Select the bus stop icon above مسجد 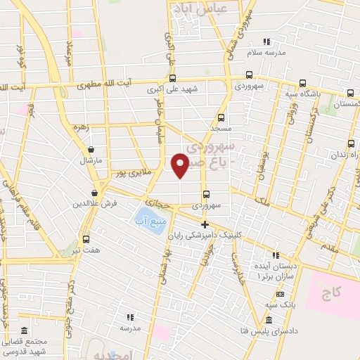(221, 118)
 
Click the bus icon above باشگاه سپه (303, 82)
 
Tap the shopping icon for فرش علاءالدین (94, 193)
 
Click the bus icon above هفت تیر (86, 239)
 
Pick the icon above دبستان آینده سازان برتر (276, 255)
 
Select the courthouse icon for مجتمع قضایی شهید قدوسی (25, 330)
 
